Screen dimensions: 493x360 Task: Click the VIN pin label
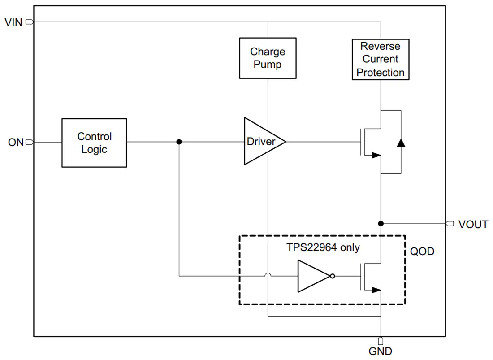(x=13, y=22)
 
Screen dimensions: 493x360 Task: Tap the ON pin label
(x=16, y=143)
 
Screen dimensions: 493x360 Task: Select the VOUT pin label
(x=473, y=225)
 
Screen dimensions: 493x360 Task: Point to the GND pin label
(x=380, y=351)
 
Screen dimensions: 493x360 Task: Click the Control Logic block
(x=94, y=143)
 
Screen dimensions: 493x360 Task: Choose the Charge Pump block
(x=268, y=58)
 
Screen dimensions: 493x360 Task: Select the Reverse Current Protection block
(x=381, y=60)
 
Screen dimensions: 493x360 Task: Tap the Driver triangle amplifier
(x=264, y=141)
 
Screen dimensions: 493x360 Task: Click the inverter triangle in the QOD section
(x=314, y=276)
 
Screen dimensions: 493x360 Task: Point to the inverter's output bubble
(x=333, y=276)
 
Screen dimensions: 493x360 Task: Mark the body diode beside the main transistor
(x=401, y=143)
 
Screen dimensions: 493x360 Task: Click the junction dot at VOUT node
(x=381, y=224)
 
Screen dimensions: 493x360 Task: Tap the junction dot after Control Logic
(x=179, y=142)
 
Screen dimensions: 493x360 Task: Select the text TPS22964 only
(x=323, y=247)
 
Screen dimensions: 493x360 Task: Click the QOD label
(x=422, y=252)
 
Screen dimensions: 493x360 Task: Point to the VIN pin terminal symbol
(x=29, y=22)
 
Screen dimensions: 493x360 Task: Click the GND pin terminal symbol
(x=381, y=341)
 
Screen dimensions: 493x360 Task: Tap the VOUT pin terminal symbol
(x=450, y=224)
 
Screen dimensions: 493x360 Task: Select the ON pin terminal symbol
(x=29, y=142)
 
